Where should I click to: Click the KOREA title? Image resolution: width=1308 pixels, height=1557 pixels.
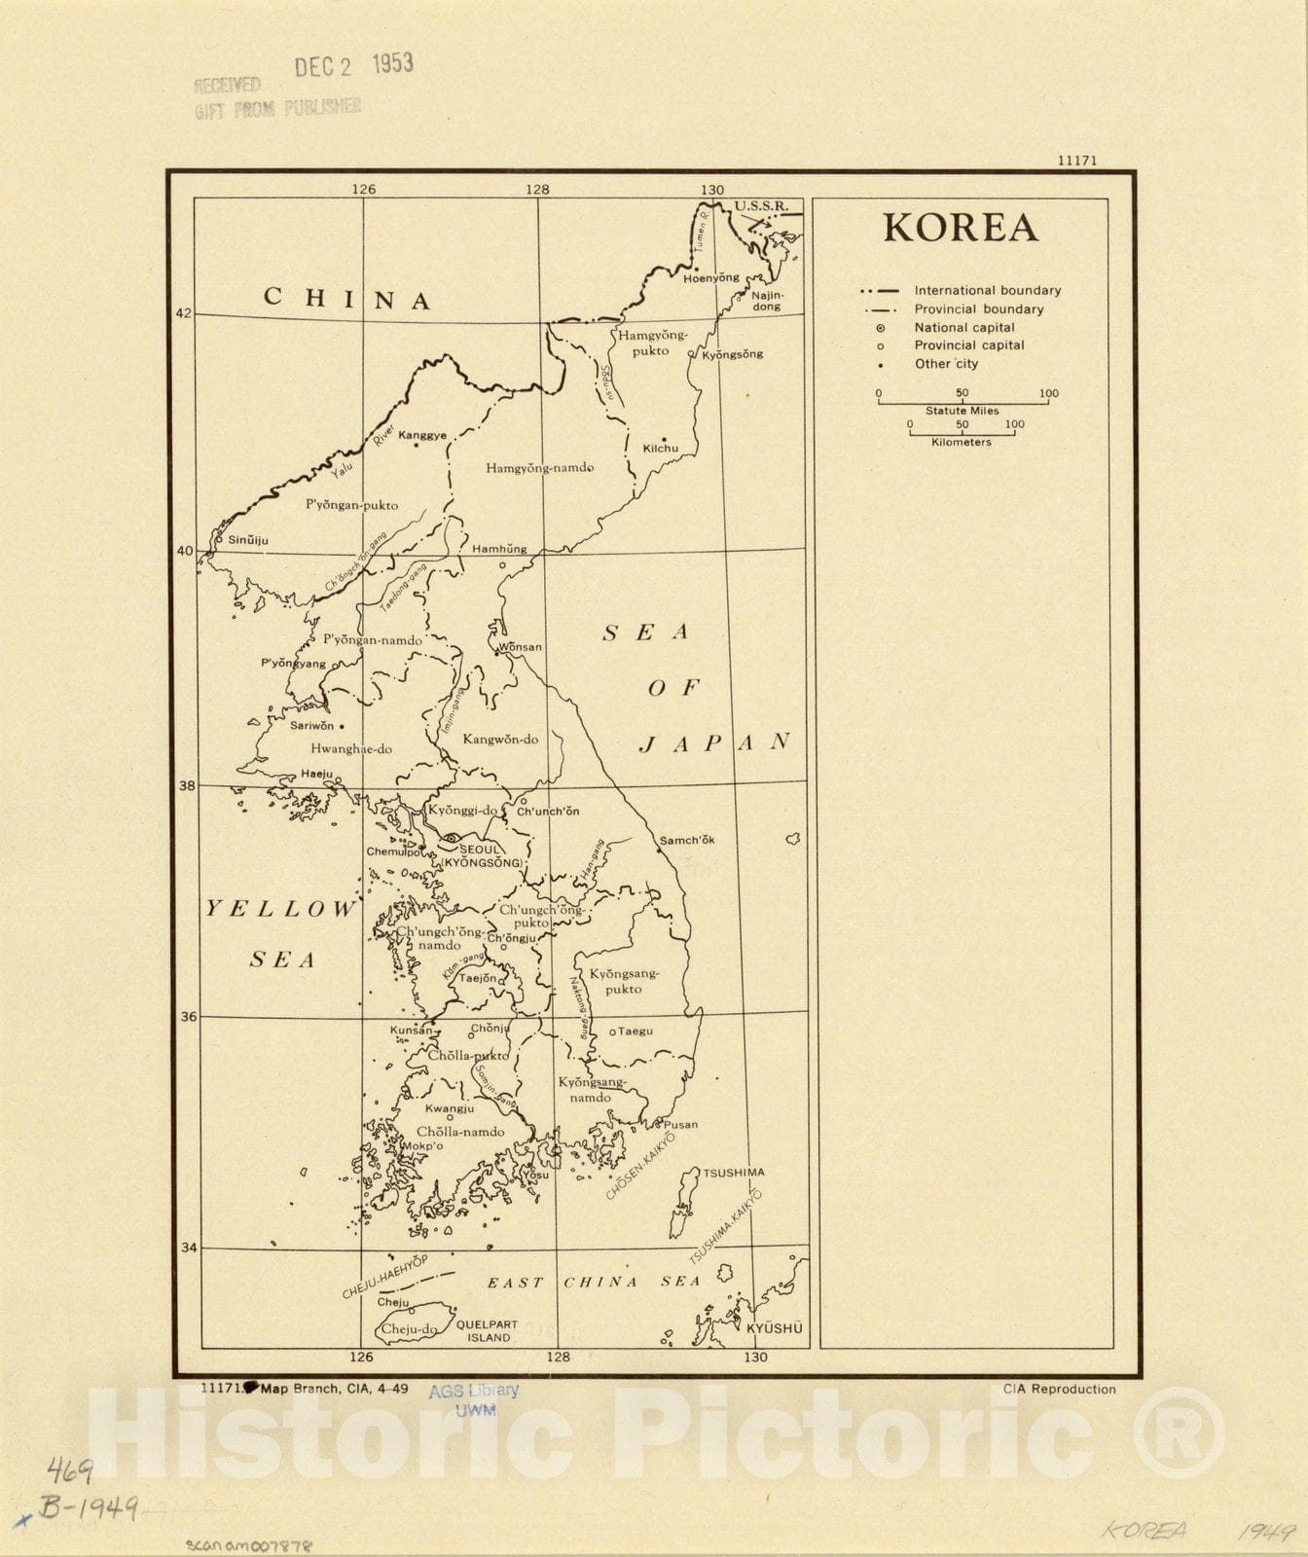(960, 228)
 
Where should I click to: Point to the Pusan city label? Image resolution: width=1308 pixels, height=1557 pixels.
(680, 1124)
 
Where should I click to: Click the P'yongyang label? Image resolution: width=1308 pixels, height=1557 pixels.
(293, 664)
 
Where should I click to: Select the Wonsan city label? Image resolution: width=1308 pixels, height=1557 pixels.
(520, 647)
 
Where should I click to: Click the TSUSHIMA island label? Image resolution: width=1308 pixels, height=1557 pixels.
(734, 1173)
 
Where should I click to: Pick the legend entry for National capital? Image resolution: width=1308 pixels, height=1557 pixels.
(963, 328)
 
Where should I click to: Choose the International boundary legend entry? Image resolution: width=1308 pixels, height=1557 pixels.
(987, 290)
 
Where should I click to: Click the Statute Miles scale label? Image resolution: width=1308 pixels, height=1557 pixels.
(962, 411)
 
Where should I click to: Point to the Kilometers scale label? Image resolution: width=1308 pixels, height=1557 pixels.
(961, 442)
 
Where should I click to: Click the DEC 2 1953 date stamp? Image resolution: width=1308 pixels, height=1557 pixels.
(354, 65)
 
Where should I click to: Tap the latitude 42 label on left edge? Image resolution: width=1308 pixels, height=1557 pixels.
(184, 313)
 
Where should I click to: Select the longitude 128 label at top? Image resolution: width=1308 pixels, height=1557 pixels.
(537, 190)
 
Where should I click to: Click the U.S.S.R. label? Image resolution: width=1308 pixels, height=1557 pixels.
(761, 206)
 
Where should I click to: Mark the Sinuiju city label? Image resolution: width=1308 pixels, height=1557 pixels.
(247, 540)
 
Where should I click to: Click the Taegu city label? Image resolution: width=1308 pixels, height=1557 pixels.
(635, 1031)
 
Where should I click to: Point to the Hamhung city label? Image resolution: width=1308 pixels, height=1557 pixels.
(499, 549)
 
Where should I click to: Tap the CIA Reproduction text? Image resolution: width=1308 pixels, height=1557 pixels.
(1059, 1389)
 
